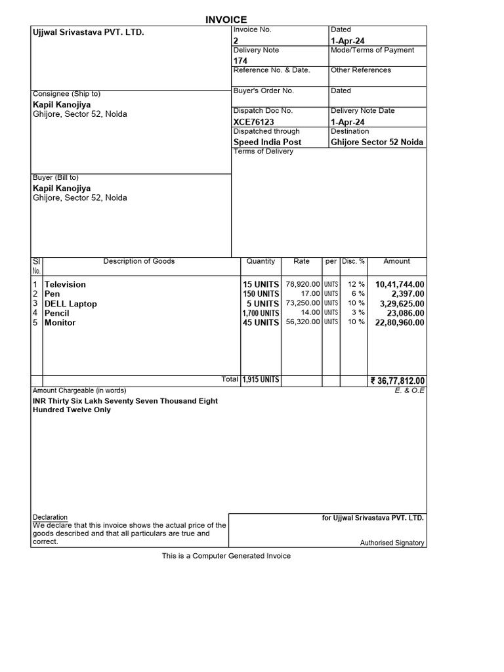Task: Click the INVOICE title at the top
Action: tap(227, 20)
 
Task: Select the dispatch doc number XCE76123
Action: tap(253, 122)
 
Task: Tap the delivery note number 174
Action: tap(240, 61)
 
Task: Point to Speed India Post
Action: tap(267, 142)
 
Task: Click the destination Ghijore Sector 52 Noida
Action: tap(377, 142)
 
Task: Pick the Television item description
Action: tap(65, 284)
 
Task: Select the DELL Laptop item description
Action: tap(70, 304)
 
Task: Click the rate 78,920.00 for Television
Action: tap(303, 284)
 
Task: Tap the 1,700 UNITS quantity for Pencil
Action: tap(261, 314)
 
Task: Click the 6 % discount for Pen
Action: tap(358, 294)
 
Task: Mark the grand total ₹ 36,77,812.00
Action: tap(398, 381)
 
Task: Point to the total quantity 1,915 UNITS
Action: tap(261, 380)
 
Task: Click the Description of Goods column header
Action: tap(139, 261)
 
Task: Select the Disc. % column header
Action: tap(353, 261)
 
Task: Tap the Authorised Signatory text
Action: tap(392, 543)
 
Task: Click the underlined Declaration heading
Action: tap(50, 517)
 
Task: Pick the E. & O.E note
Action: tap(411, 390)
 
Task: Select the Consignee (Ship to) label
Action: tap(67, 94)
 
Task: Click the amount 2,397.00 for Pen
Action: tap(408, 294)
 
